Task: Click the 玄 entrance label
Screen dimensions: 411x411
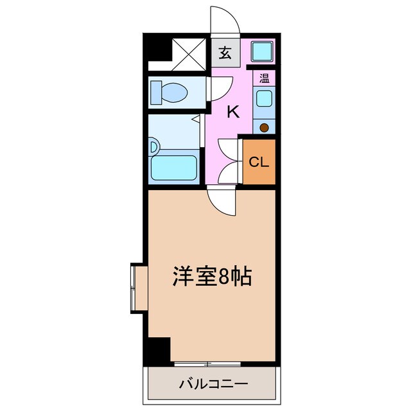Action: (x=225, y=53)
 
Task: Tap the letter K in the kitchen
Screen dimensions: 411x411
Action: (x=233, y=112)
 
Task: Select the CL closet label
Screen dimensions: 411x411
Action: (x=259, y=162)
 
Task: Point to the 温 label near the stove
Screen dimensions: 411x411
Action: (x=264, y=79)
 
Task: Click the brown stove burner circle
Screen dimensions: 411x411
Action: (x=264, y=127)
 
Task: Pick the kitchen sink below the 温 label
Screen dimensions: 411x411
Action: (x=263, y=100)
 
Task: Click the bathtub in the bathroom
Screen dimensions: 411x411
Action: (x=175, y=168)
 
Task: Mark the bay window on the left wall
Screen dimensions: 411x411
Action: (x=134, y=287)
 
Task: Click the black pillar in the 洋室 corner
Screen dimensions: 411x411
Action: (x=157, y=350)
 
